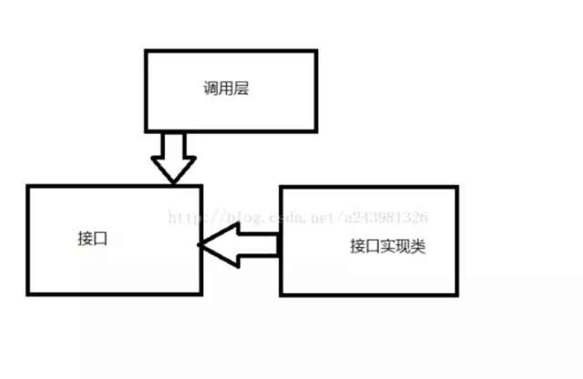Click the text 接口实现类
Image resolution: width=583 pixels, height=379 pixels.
[x=387, y=246]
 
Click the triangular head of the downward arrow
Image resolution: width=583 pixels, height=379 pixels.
[x=173, y=170]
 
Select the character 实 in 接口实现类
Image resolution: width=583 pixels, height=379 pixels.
[x=387, y=246]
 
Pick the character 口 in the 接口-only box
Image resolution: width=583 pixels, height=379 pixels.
[x=101, y=238]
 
